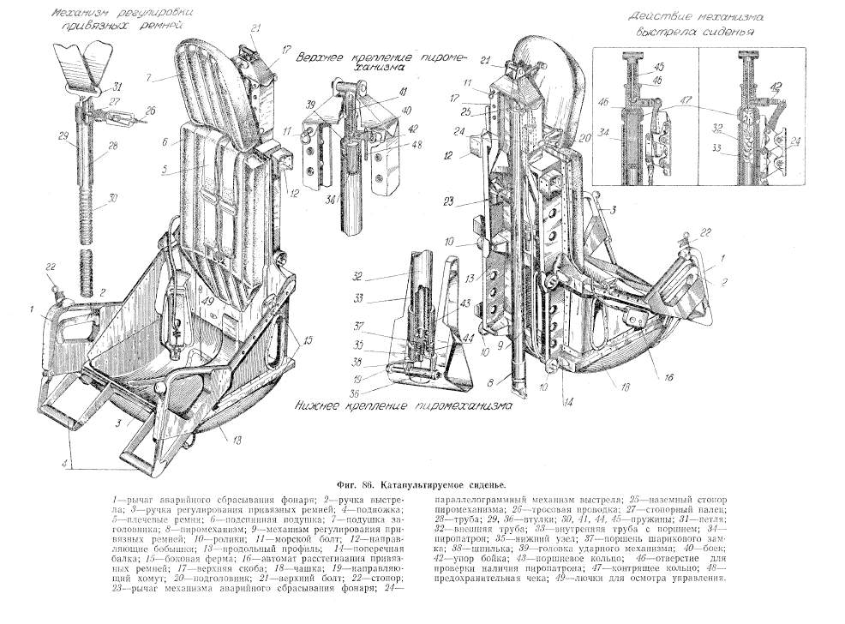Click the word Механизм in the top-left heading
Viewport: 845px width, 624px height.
tap(82, 15)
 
